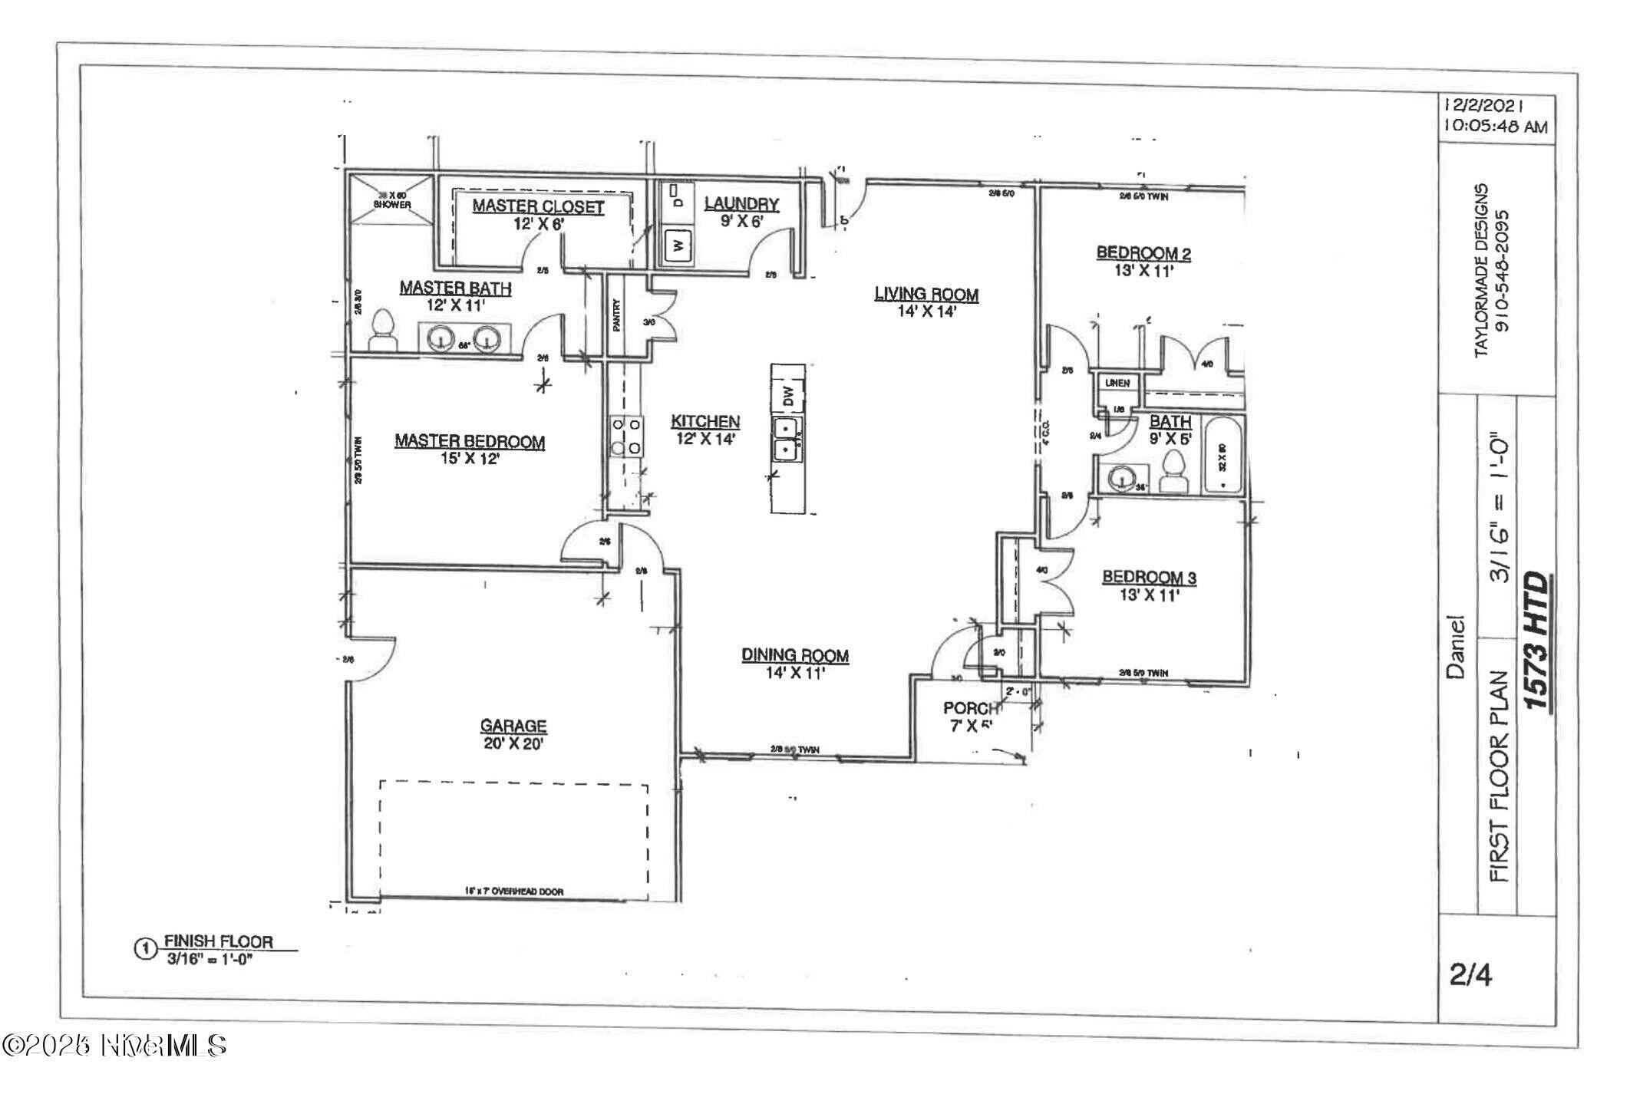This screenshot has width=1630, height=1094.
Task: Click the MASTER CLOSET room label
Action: tap(538, 206)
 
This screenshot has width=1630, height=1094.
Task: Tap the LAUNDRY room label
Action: tap(741, 204)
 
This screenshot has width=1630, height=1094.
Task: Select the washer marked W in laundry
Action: tap(678, 245)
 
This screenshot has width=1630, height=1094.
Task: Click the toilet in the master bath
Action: tap(382, 331)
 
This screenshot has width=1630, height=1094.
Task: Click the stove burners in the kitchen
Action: tap(626, 435)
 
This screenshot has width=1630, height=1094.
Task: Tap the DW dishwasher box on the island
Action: tap(787, 396)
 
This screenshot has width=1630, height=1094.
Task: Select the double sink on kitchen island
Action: tap(787, 439)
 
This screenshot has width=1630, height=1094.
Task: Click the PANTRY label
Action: tap(616, 315)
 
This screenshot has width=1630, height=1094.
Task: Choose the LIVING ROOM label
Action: tap(926, 295)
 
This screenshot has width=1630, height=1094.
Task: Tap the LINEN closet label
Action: tap(1117, 383)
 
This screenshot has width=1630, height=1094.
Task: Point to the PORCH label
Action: tap(972, 708)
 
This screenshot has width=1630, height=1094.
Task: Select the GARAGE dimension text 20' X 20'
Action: tap(513, 743)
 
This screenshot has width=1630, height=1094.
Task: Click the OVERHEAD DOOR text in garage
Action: tap(514, 891)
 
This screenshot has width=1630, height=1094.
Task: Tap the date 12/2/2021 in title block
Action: tap(1483, 106)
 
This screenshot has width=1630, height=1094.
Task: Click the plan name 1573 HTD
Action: tap(1536, 641)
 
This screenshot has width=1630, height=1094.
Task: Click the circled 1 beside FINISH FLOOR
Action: tap(144, 949)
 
